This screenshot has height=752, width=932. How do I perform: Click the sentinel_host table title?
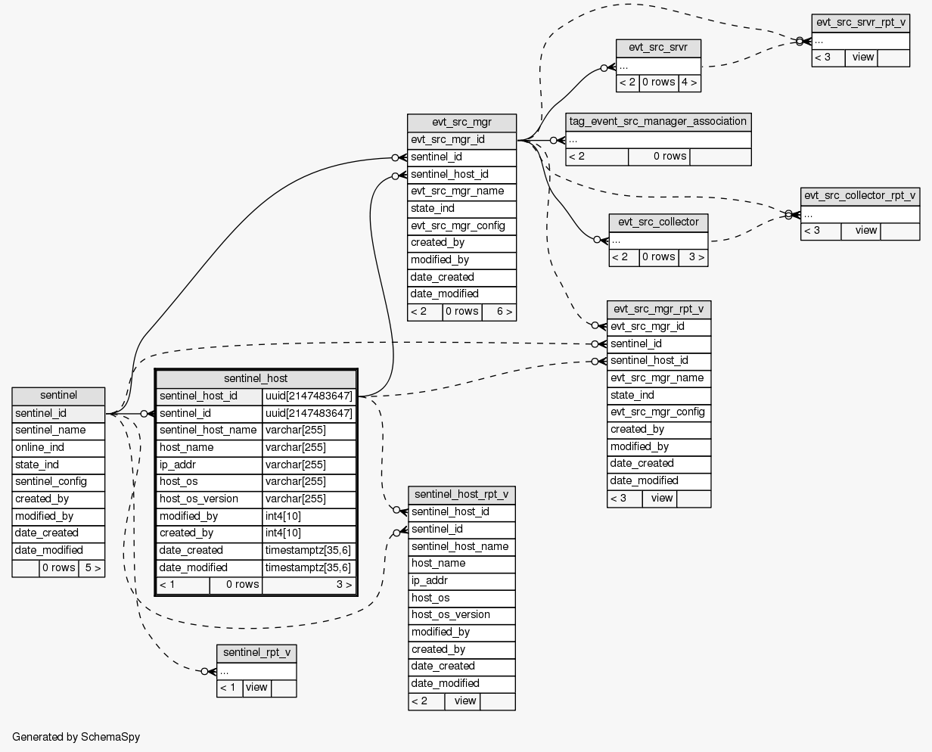[256, 378]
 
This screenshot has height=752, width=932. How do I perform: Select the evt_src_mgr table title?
[461, 123]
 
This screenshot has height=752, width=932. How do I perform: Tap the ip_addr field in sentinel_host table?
[209, 465]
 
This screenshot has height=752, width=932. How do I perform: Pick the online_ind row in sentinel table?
[58, 447]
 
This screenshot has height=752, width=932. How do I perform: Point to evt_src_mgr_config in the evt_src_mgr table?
[461, 225]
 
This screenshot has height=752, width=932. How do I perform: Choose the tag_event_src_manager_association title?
[658, 121]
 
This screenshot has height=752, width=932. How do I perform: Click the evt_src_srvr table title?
[658, 48]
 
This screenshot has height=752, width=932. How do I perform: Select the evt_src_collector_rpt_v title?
[860, 195]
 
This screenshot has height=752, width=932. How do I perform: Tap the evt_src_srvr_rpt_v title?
[860, 23]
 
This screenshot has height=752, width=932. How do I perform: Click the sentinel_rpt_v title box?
[256, 653]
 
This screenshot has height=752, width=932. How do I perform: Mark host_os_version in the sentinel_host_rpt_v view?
[461, 615]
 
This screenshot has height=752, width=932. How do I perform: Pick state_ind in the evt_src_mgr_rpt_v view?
[658, 396]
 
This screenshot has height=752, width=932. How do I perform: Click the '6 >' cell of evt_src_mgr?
[499, 312]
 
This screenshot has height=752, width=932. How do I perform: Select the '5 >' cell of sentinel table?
[92, 568]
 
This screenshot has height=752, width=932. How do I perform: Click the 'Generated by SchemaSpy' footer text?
[76, 736]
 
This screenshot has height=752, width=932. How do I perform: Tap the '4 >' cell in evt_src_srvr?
[689, 82]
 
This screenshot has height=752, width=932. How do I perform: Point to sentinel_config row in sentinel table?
[58, 482]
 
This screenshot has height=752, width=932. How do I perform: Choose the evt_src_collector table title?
[658, 222]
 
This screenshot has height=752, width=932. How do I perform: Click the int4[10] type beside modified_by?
[309, 516]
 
